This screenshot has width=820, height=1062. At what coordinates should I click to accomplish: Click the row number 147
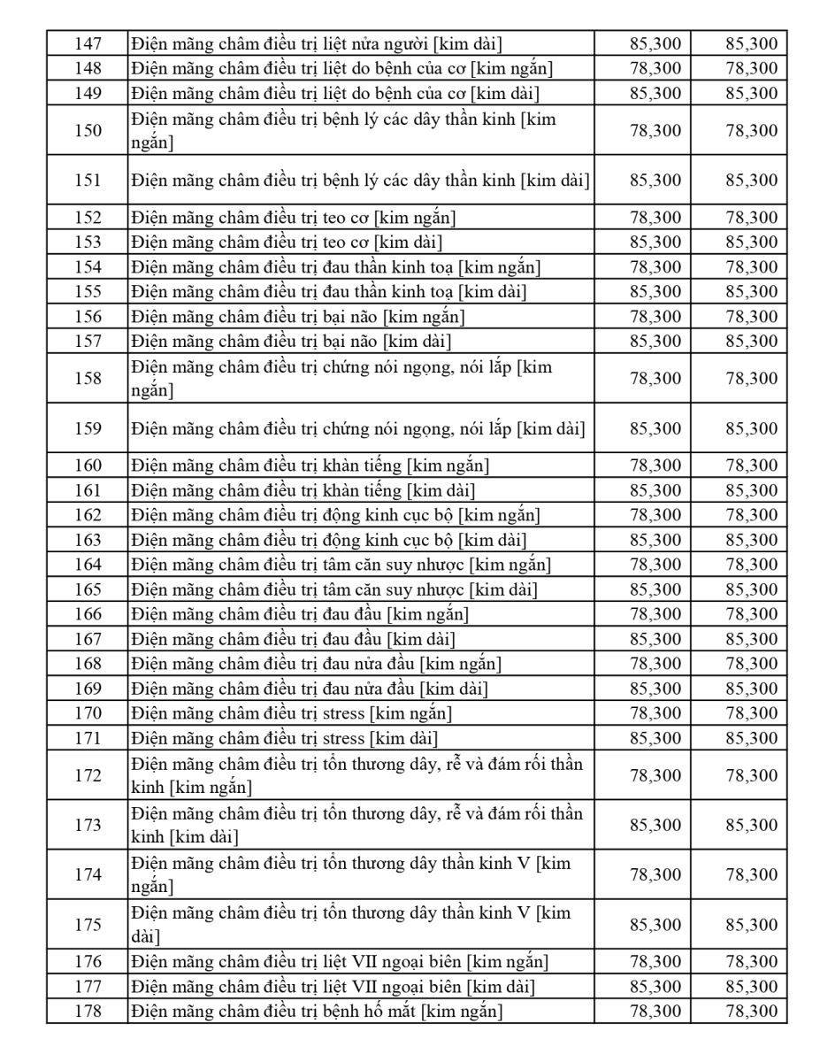pos(88,43)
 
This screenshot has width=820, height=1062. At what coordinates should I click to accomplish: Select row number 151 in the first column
pos(88,180)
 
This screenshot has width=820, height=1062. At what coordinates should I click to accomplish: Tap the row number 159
pos(88,428)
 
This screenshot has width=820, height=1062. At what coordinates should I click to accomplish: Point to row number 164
pos(88,565)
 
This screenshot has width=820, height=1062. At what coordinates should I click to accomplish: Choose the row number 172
pos(88,775)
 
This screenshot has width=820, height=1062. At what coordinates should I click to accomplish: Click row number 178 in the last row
pos(88,1011)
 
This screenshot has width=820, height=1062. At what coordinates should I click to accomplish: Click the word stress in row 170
pos(345,713)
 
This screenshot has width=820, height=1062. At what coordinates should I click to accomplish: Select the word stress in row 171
pos(345,738)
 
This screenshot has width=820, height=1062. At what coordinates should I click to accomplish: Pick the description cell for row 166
pos(300,614)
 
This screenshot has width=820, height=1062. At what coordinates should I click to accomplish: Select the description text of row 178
pos(317,1011)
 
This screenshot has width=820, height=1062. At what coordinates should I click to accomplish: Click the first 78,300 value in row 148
pos(655,68)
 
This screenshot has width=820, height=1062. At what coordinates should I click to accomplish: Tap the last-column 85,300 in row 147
pos(751,43)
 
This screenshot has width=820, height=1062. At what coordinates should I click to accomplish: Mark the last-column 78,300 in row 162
pos(751,515)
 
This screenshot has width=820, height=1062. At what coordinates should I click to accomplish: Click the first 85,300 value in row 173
pos(655,825)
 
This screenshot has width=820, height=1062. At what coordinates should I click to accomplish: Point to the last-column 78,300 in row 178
pos(751,1011)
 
